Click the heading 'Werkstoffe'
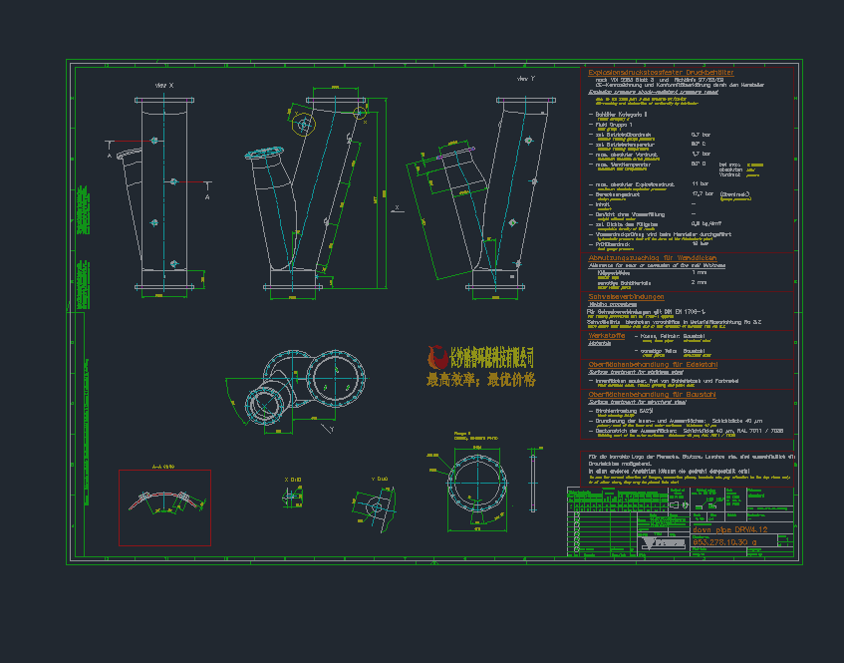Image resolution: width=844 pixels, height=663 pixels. click(606, 336)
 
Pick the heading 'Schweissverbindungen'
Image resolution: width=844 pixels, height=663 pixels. click(626, 297)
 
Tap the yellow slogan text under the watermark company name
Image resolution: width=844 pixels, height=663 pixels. click(480, 380)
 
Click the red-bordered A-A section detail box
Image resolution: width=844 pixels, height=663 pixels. click(165, 500)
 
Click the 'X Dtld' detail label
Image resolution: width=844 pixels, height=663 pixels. click(293, 479)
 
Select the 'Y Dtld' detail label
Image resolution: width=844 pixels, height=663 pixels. click(379, 479)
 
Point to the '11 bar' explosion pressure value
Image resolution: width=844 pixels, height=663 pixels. click(700, 184)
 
